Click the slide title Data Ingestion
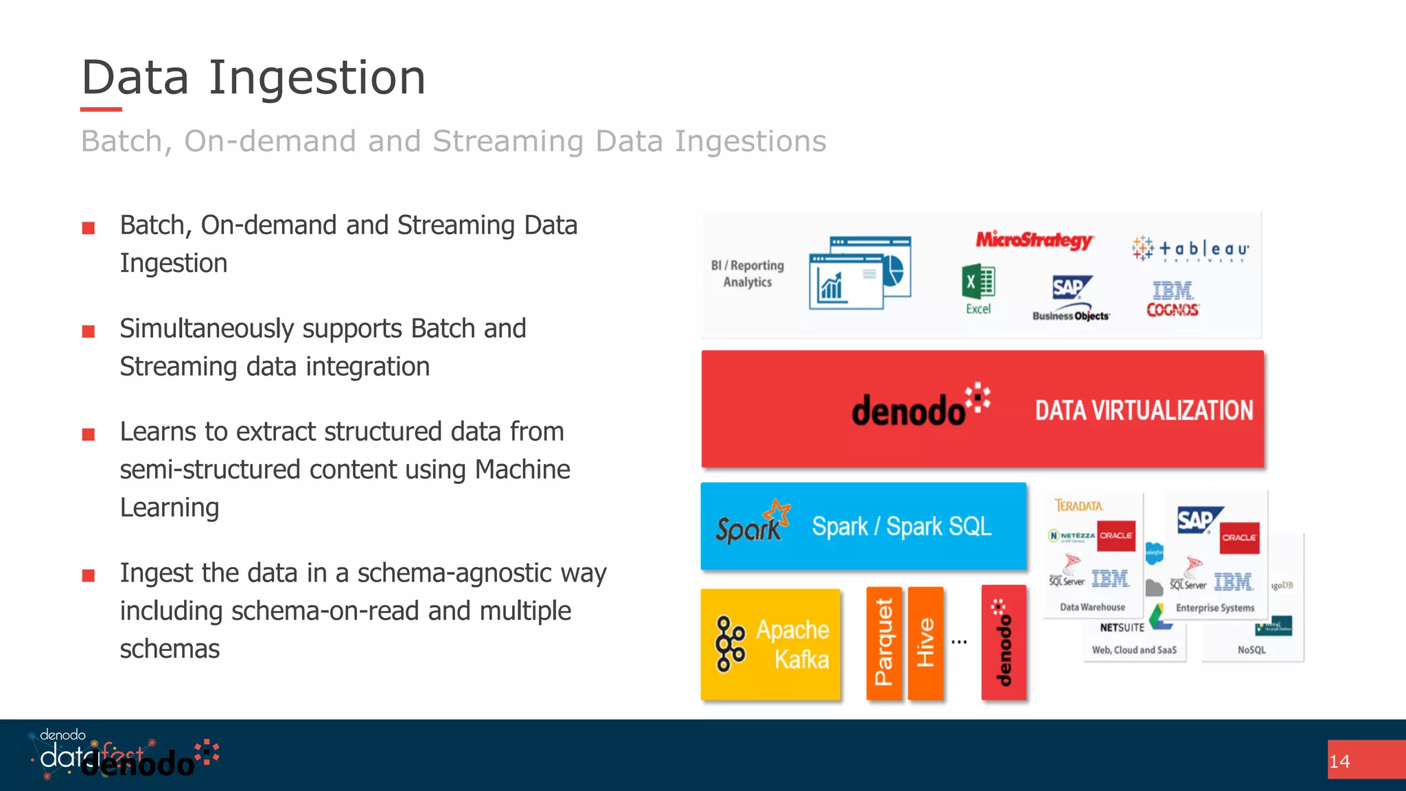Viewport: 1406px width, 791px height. pos(253,77)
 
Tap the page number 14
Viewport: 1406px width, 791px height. pos(1339,761)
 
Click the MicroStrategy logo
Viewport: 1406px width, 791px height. pos(1034,240)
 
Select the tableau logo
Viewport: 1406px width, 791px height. pos(1191,249)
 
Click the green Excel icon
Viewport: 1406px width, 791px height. pos(978,282)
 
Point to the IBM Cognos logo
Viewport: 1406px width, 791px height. pos(1173,299)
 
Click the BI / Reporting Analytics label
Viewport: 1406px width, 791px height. pos(747,273)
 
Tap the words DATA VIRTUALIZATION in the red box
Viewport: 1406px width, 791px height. pos(1144,411)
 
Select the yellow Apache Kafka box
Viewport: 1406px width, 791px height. pos(770,644)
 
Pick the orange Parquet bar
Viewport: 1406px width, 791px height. pos(884,643)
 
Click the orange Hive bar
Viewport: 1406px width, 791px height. pos(925,643)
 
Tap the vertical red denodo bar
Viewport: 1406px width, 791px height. pos(1004,643)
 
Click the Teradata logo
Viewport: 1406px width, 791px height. pos(1079,506)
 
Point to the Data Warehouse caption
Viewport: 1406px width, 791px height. pos(1092,607)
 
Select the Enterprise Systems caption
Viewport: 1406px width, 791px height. pos(1214,608)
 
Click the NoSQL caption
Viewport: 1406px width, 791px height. pos(1252,650)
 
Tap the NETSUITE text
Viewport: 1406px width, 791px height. pos(1122,628)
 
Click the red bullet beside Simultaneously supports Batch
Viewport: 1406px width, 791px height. pos(89,332)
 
